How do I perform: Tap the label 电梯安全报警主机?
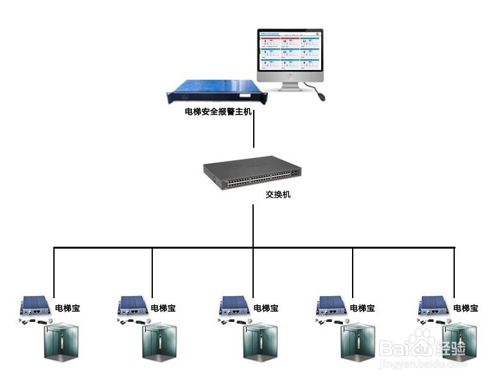click(x=218, y=112)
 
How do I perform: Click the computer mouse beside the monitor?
click(x=319, y=96)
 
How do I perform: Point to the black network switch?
click(x=252, y=173)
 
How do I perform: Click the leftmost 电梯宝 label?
click(x=67, y=308)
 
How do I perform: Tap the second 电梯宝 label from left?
click(x=164, y=308)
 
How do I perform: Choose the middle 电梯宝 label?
click(x=266, y=308)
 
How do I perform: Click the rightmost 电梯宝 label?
click(x=465, y=308)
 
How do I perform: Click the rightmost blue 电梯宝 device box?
click(x=434, y=304)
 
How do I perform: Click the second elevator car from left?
click(x=159, y=342)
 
